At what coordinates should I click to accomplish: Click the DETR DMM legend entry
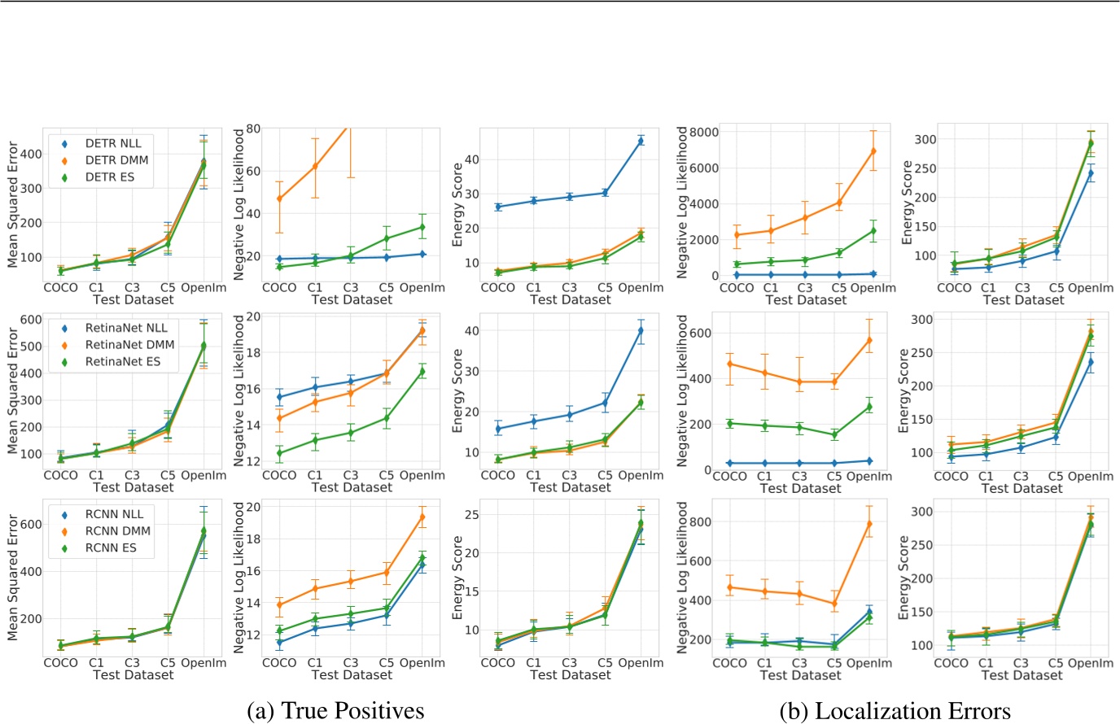coord(116,160)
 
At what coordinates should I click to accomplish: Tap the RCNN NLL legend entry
coord(113,514)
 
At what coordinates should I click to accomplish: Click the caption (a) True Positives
coord(335,710)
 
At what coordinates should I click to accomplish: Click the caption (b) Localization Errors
coord(895,710)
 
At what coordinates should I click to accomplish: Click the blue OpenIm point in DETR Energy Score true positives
coord(641,141)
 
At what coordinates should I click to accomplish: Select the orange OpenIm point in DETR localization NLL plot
coord(873,150)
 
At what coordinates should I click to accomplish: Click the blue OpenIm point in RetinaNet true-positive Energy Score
coord(641,330)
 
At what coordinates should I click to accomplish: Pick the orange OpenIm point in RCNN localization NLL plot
coord(869,524)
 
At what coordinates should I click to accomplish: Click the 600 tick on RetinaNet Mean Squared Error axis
coord(32,320)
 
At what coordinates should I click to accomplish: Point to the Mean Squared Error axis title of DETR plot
coord(12,204)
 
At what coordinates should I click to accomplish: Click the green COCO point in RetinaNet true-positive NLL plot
coord(280,452)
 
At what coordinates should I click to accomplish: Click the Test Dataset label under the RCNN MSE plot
coord(133,674)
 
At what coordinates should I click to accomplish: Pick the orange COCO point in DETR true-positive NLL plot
coord(280,198)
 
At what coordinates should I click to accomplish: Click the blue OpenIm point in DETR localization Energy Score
coord(1091,172)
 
